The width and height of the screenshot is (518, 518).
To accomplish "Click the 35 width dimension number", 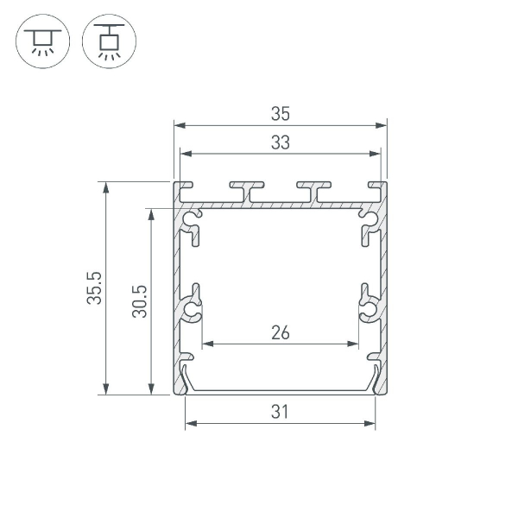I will [x=280, y=113].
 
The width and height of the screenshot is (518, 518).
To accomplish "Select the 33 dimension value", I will [x=280, y=143].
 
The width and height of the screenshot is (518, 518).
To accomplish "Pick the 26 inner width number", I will [x=280, y=332].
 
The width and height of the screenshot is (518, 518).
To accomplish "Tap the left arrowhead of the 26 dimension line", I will [x=205, y=344].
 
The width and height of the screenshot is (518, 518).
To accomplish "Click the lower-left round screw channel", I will [x=193, y=307].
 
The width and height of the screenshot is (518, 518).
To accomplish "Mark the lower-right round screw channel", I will [x=367, y=307].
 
